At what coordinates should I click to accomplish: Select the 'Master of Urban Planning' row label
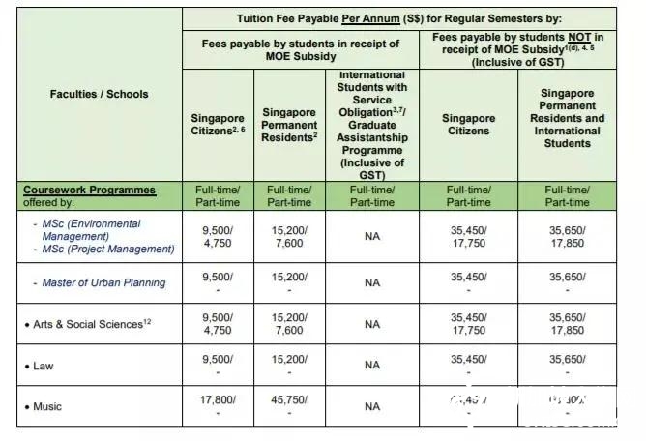pyautogui.click(x=103, y=282)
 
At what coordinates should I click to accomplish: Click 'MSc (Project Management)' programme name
pyautogui.click(x=108, y=249)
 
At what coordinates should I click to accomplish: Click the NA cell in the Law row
pyautogui.click(x=372, y=366)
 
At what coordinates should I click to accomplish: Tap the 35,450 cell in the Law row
pyautogui.click(x=468, y=359)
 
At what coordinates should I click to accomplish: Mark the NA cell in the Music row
pyautogui.click(x=372, y=406)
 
